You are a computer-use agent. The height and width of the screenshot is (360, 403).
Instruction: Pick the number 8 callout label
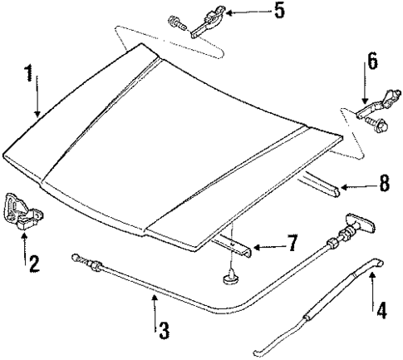(383, 185)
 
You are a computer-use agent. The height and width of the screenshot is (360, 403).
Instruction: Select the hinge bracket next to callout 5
(208, 19)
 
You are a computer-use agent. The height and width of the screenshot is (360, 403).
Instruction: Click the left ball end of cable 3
(76, 257)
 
